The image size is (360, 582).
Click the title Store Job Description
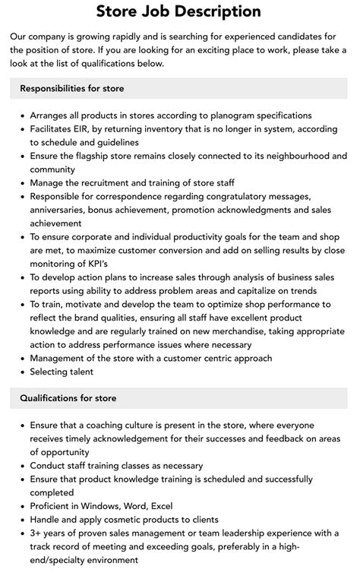[179, 11]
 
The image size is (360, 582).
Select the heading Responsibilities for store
[72, 89]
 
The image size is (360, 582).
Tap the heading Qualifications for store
[69, 397]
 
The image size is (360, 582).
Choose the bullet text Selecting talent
[62, 372]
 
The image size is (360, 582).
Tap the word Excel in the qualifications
[161, 506]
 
